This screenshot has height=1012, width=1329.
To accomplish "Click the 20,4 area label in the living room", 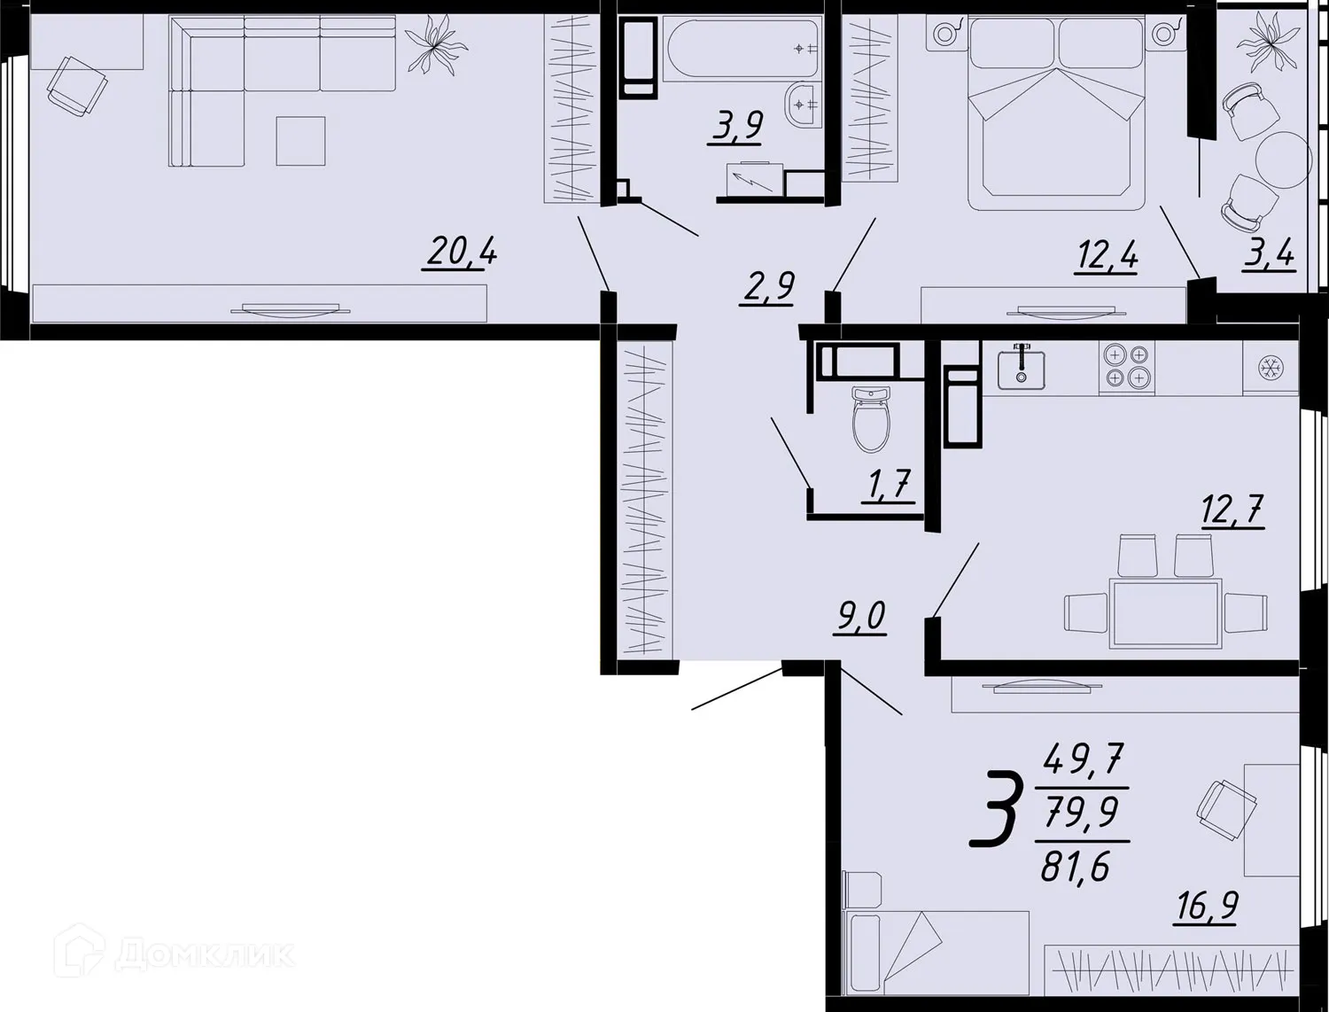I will [460, 253].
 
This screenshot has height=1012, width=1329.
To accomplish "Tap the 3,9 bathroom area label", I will [735, 127].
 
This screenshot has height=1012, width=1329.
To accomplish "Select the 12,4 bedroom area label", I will [1106, 258].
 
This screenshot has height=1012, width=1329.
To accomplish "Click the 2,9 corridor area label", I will [767, 288].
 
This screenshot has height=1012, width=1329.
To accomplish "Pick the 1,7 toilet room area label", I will [889, 487].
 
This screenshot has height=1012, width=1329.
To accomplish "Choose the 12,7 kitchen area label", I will [1232, 512].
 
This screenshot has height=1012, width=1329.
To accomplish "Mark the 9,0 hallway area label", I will [859, 615].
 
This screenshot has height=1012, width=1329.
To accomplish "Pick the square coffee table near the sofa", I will [300, 141].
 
